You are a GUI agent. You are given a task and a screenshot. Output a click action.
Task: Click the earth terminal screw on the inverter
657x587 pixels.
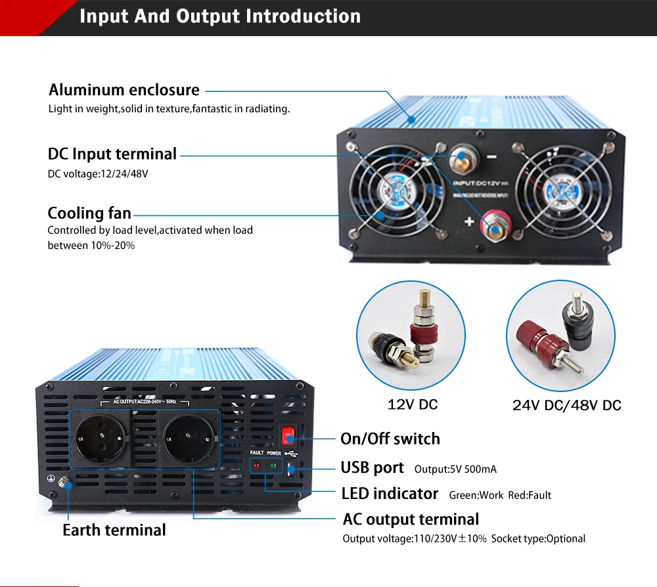click(64, 483)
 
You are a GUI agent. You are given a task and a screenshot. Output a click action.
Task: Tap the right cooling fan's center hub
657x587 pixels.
click(560, 188)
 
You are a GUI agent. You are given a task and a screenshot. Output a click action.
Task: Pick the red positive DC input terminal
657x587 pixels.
click(492, 223)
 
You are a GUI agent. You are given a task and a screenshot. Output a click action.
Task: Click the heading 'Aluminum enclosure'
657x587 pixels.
click(124, 90)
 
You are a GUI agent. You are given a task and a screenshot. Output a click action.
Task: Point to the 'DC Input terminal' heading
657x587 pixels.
click(112, 154)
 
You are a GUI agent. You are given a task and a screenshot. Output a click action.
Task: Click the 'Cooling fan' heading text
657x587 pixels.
click(89, 213)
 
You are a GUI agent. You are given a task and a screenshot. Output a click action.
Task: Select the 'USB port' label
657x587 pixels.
click(372, 467)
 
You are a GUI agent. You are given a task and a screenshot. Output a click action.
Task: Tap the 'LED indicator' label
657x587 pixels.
click(390, 493)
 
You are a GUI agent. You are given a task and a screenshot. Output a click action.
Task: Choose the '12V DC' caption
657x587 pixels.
click(413, 404)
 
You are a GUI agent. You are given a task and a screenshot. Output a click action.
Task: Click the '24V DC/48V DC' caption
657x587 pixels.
click(566, 405)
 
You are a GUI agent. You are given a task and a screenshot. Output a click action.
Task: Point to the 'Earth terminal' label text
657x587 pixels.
click(114, 530)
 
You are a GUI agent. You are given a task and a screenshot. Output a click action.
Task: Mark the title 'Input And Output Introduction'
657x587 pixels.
click(220, 16)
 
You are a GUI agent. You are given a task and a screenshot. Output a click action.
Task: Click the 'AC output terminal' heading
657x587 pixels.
click(411, 519)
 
